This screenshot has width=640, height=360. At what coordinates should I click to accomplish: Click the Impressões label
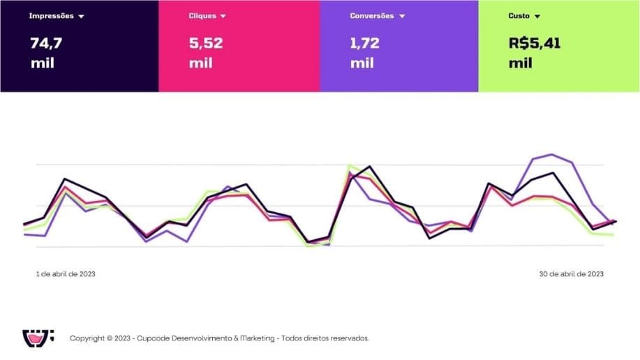[51, 15]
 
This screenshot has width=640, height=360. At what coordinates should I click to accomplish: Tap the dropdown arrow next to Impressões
[82, 16]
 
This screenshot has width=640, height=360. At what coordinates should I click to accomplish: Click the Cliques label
[202, 15]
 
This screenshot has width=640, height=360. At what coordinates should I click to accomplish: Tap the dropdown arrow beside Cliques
[223, 16]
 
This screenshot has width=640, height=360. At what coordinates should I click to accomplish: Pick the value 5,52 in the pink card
[206, 43]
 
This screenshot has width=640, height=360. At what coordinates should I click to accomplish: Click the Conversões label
[372, 15]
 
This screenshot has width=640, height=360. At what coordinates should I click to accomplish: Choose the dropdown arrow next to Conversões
[402, 16]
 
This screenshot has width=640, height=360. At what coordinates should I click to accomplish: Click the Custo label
[519, 15]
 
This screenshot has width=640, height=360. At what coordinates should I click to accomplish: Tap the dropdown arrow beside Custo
[537, 16]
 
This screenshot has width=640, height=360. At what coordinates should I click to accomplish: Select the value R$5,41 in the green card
[535, 43]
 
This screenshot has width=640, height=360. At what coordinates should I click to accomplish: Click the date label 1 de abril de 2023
[66, 274]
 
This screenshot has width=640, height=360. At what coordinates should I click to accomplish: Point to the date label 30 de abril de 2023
[571, 274]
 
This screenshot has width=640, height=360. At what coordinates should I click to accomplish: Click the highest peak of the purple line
[552, 154]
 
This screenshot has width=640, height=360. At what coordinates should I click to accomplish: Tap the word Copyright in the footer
[87, 338]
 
